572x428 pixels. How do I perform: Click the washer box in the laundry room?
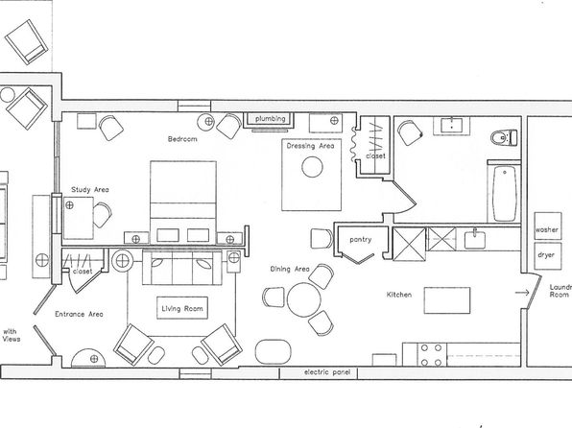point(548,226)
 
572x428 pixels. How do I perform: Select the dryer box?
point(548,256)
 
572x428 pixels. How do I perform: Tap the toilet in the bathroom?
point(504,138)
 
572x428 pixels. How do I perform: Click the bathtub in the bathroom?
point(505,194)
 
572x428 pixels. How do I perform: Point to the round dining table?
point(304,299)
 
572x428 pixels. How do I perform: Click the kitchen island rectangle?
point(447,300)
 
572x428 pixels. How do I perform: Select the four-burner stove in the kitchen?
point(432,355)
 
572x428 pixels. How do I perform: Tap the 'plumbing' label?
point(271,119)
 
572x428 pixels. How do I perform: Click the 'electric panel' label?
point(327,372)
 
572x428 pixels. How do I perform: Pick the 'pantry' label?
point(361,240)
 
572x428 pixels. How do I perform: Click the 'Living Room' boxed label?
point(182,308)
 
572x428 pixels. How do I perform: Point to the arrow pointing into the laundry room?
point(522,293)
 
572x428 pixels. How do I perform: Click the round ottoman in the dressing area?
point(312,167)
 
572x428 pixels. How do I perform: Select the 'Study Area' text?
point(90,190)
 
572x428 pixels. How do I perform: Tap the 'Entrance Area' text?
point(79,314)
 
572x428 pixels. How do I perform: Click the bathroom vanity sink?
point(452,126)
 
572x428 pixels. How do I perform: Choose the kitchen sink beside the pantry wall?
point(475,239)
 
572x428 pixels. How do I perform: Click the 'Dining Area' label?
point(290,270)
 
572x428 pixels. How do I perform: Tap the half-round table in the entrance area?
point(88,358)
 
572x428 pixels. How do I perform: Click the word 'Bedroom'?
point(182,139)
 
